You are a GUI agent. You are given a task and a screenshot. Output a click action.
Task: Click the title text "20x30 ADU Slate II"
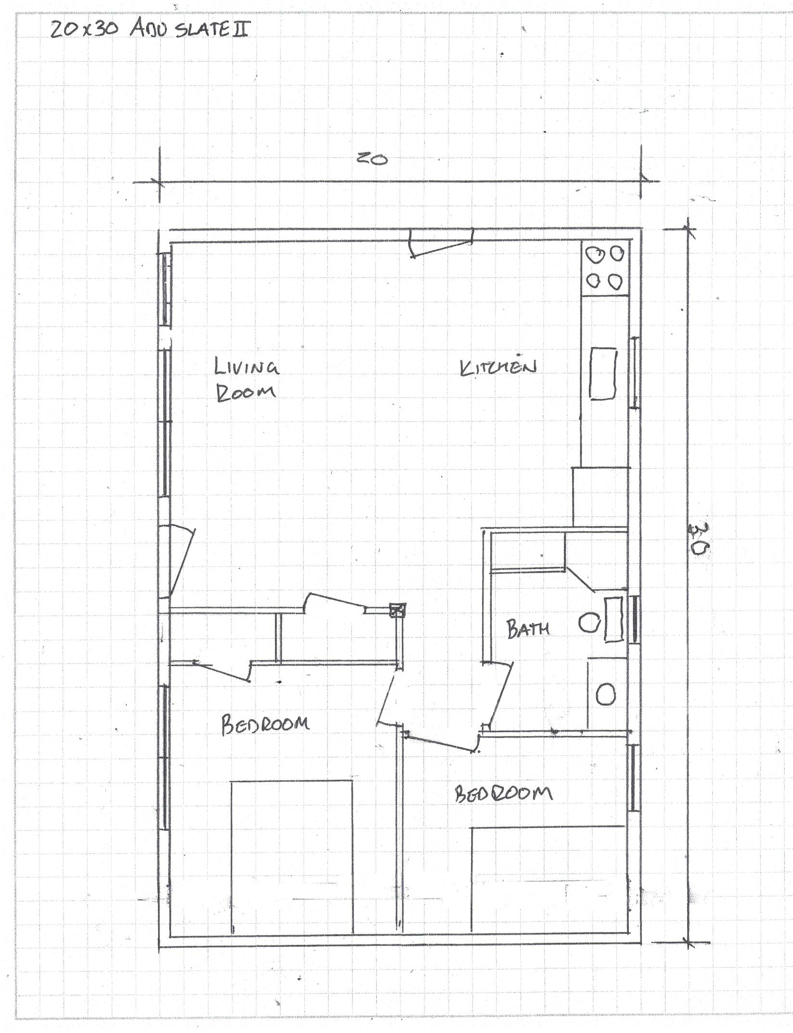pos(150,29)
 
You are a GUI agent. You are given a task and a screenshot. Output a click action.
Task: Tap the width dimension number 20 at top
pos(372,158)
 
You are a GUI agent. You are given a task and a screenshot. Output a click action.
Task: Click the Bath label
pos(528,629)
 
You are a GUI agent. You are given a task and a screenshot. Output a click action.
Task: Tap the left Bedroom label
pos(265,724)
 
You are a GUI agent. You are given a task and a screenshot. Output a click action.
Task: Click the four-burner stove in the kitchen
pos(605,268)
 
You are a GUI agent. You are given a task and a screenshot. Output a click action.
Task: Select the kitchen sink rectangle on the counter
pos(603,374)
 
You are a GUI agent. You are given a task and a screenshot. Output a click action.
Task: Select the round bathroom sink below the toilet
pos(605,695)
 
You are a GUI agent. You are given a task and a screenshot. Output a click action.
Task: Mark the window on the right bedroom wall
pos(635,778)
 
